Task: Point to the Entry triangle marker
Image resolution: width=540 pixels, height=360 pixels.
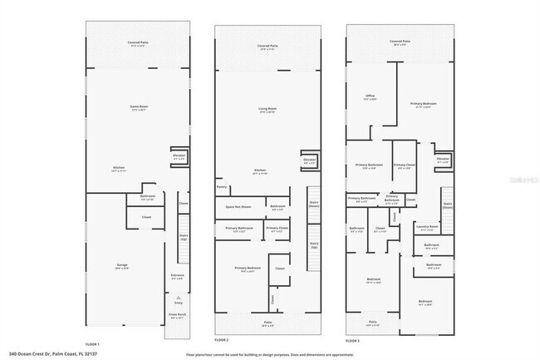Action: [177, 297]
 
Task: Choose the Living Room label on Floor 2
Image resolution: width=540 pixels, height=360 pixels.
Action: [266, 109]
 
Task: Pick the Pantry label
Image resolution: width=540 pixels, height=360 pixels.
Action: [222, 187]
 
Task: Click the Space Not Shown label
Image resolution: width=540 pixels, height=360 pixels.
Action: [238, 206]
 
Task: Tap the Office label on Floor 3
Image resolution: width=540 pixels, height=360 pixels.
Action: [371, 97]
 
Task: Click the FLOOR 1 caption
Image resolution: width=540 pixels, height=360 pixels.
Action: [92, 343]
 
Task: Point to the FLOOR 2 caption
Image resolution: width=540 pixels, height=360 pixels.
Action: [221, 340]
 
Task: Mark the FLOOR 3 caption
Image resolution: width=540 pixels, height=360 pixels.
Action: [353, 340]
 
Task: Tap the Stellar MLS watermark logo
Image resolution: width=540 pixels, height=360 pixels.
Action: [523, 178]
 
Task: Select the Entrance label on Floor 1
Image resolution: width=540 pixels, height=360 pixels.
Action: [178, 276]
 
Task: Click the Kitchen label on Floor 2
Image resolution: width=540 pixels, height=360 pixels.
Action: [259, 171]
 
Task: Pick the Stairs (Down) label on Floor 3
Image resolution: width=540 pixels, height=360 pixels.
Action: [447, 205]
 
